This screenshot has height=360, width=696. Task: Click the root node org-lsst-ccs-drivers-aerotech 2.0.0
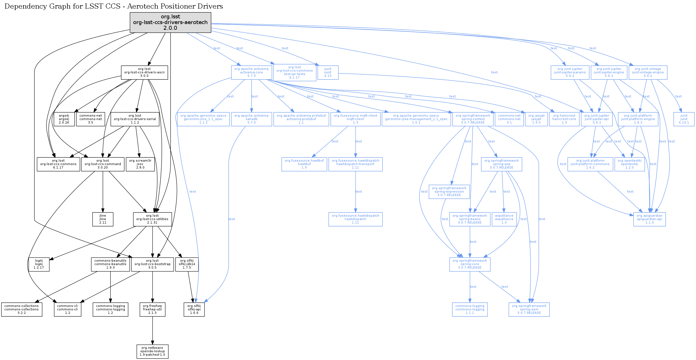click(170, 22)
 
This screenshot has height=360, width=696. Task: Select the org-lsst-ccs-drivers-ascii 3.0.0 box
click(144, 73)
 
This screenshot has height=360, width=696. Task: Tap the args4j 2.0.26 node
click(64, 119)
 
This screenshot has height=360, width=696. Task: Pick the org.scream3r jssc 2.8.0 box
click(140, 164)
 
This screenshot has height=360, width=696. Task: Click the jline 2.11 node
click(103, 219)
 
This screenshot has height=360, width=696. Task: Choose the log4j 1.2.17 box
click(39, 264)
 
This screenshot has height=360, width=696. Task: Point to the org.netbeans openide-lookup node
click(152, 351)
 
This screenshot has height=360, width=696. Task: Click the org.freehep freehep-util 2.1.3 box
click(152, 310)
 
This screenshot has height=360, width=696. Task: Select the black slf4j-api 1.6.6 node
click(194, 310)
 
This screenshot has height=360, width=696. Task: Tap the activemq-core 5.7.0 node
click(252, 73)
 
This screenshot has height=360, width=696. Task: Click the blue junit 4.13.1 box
click(684, 119)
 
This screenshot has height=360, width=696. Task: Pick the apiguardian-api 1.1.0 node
click(649, 219)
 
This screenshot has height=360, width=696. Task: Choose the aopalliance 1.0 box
click(504, 219)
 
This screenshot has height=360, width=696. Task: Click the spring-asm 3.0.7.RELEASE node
click(529, 310)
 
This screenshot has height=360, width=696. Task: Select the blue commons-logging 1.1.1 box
click(470, 310)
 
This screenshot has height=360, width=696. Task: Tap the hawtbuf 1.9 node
click(304, 164)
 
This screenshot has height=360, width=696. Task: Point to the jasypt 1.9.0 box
click(536, 119)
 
